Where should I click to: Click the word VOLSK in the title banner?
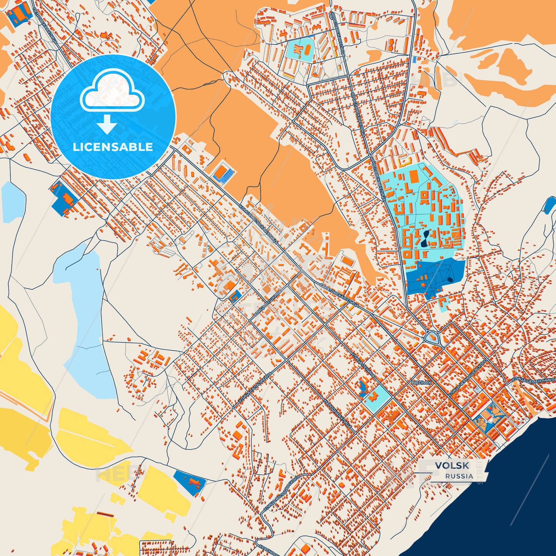click(452, 466)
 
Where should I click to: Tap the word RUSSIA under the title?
click(459, 476)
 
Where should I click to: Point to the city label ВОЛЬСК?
click(422, 383)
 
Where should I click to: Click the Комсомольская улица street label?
click(259, 224)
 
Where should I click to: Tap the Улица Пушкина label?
click(269, 303)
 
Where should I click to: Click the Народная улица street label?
click(337, 415)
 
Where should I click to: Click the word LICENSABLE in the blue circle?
click(113, 147)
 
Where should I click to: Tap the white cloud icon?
click(112, 90)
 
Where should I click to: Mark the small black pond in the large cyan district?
click(424, 239)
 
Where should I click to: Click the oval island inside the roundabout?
click(432, 338)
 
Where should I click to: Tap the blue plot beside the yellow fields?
click(190, 481)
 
